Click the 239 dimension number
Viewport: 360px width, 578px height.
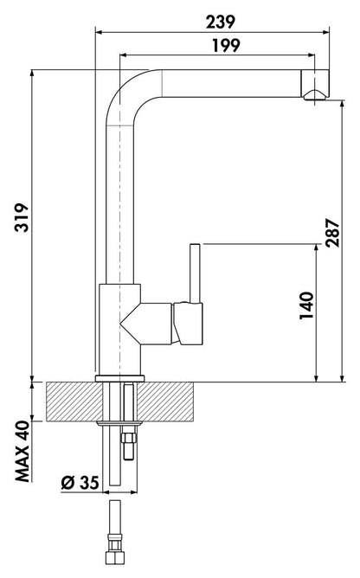click(220, 22)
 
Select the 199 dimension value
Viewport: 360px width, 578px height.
click(226, 45)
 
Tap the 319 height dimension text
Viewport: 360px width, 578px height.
click(22, 217)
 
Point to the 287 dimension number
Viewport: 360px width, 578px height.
click(332, 233)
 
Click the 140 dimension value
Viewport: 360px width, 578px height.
click(306, 305)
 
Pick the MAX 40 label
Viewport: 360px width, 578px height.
click(22, 451)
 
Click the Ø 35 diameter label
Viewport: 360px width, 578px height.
click(80, 483)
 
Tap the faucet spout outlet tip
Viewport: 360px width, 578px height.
click(315, 95)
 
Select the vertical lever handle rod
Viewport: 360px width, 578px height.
click(195, 273)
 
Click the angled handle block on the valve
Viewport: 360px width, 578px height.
click(189, 324)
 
